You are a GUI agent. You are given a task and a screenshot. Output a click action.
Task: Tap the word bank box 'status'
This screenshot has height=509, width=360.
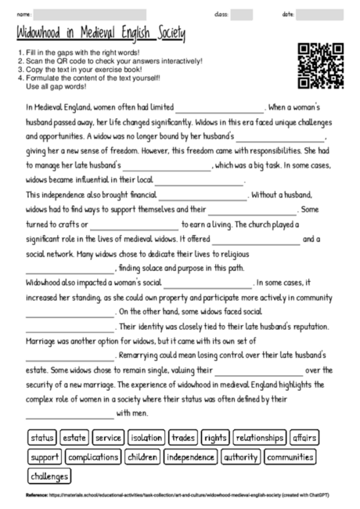(42, 438)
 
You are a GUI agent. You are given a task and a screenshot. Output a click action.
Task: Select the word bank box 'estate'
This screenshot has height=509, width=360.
(74, 438)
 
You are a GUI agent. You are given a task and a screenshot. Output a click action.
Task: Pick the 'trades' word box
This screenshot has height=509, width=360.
(183, 438)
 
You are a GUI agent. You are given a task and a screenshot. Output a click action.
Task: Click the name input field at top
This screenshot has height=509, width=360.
(90, 14)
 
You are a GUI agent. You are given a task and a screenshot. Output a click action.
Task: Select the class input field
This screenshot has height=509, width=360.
(242, 14)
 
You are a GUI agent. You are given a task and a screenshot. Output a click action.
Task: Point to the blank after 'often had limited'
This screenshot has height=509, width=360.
(220, 109)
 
